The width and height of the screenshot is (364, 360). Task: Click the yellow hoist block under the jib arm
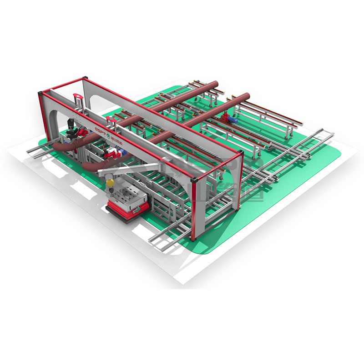[x=110, y=183]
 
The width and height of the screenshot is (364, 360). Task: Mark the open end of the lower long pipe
[x=247, y=96]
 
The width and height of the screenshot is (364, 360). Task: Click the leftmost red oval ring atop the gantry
[x=77, y=97]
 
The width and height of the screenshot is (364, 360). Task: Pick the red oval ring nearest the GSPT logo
[x=109, y=120]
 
